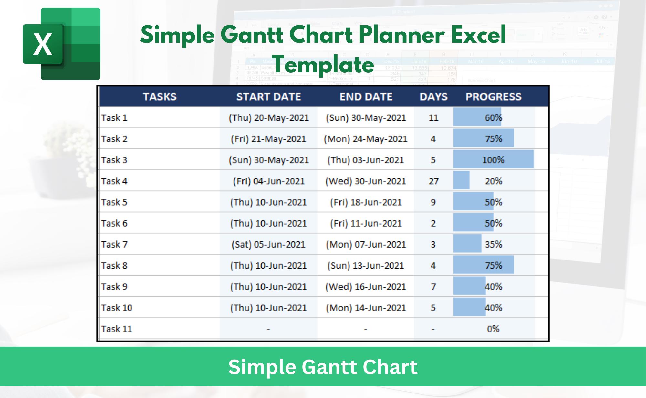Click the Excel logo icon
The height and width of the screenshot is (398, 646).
61,44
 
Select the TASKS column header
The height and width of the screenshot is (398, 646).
160,97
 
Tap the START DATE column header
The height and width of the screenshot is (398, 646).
268,97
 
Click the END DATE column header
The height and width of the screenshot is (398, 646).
366,97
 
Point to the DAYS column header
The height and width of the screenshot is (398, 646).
433,97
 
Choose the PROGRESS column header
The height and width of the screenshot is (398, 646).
493,97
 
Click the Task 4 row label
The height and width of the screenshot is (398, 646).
114,181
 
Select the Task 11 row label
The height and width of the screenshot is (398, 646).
117,329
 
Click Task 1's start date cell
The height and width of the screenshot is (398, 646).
268,118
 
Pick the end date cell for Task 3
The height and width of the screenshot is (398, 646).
366,160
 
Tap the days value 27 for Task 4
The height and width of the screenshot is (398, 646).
433,181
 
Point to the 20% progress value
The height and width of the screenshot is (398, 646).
493,181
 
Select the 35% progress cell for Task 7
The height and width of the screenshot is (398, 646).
493,244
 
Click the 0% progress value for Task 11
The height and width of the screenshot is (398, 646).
493,329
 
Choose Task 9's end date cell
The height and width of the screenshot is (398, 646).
366,287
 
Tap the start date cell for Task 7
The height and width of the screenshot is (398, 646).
268,244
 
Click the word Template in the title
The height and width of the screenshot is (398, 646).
323,65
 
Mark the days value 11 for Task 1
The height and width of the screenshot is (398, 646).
433,118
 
